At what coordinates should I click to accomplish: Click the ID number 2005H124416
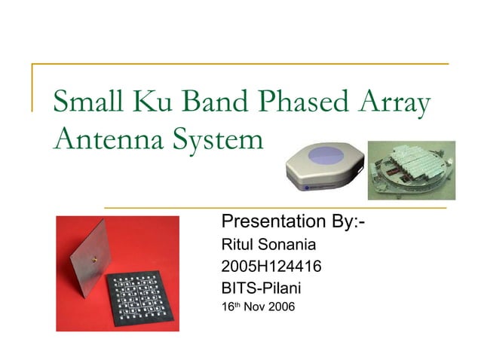[x=268, y=266]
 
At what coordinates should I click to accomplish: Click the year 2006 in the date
[x=280, y=307]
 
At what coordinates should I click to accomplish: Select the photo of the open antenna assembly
[x=411, y=170]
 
